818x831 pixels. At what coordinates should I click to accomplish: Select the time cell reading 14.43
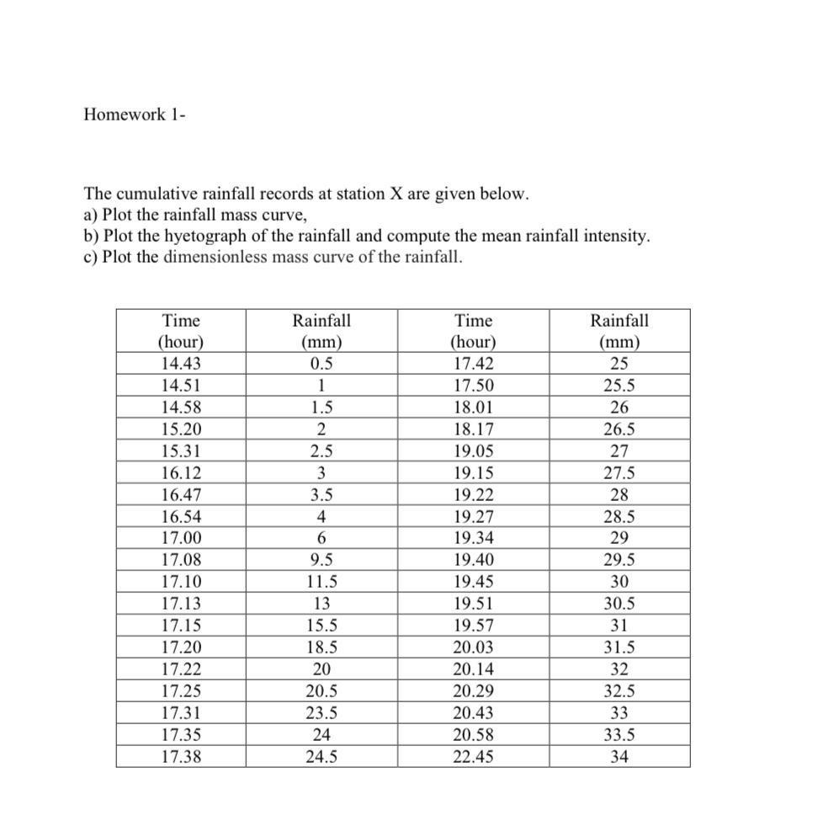coord(181,364)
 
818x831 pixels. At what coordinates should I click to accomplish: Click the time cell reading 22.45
coord(473,757)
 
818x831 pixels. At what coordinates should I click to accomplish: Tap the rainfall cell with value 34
coord(619,757)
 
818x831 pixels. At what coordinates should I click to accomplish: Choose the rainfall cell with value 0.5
coord(321,364)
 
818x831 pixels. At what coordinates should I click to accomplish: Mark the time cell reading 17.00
coord(181,538)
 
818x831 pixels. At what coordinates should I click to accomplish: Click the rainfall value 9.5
coord(321,560)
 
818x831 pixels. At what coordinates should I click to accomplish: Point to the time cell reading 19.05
coord(473,450)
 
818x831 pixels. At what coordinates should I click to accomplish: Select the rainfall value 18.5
coord(321,647)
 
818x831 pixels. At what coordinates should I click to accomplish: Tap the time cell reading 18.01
coord(473,408)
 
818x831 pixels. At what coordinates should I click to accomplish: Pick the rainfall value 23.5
coord(321,713)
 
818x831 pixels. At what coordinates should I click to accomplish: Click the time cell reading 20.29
coord(473,691)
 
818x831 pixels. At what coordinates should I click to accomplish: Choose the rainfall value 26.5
coord(619,429)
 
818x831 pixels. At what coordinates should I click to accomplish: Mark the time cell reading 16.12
coord(181,473)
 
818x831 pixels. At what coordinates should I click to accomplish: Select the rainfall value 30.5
coord(619,604)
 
